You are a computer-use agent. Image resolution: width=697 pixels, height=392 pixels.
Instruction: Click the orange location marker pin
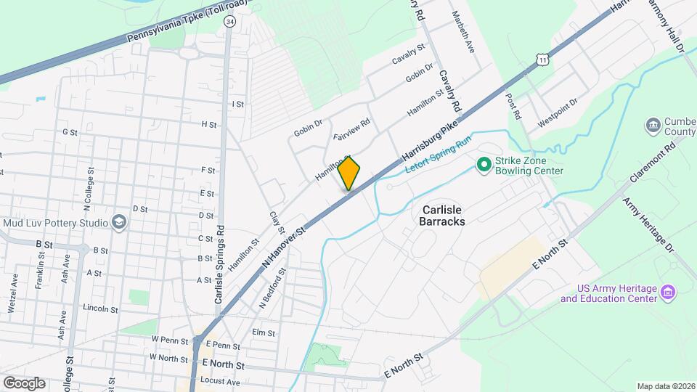coord(349,173)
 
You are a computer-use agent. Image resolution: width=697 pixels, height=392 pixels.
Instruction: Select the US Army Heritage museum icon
coord(669,294)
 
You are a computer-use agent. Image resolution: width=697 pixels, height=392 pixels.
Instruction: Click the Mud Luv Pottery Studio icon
coord(118,223)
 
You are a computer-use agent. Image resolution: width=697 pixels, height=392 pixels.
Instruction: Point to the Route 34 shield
coord(230,22)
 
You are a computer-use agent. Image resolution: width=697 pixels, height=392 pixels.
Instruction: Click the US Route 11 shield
coord(542,60)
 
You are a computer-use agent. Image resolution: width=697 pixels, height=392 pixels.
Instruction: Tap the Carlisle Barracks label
coord(442,215)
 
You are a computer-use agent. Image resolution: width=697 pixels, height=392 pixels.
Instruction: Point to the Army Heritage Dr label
coord(648,224)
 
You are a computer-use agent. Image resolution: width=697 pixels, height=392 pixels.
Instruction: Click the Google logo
coord(24,383)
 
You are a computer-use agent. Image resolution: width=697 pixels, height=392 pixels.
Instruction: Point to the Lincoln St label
coord(101,309)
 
